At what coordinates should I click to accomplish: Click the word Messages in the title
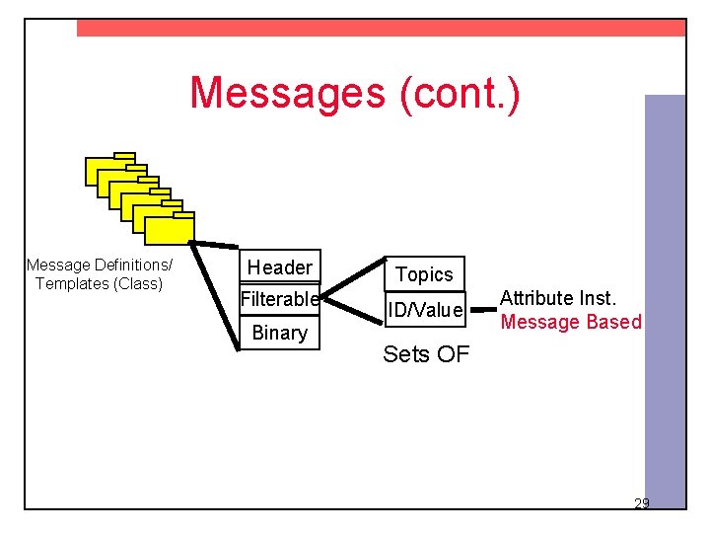[x=288, y=93]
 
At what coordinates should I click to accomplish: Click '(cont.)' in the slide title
[x=459, y=93]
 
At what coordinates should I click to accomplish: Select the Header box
[x=280, y=266]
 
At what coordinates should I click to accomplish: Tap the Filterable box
[x=280, y=299]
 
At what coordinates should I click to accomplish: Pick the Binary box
[x=280, y=333]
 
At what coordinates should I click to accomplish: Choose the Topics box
[x=424, y=274]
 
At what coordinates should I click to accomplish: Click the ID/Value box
[x=425, y=310]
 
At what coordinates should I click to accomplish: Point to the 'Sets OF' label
[x=426, y=354]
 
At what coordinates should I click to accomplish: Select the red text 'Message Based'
[x=571, y=322]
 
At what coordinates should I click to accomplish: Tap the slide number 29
[x=641, y=504]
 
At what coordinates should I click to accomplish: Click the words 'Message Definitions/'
[x=99, y=265]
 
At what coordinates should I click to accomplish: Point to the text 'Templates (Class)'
[x=99, y=283]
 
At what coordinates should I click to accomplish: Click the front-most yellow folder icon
[x=170, y=228]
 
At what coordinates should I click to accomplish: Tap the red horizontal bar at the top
[x=381, y=29]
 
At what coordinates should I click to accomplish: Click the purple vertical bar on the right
[x=665, y=296]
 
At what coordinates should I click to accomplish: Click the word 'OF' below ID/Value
[x=453, y=354]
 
